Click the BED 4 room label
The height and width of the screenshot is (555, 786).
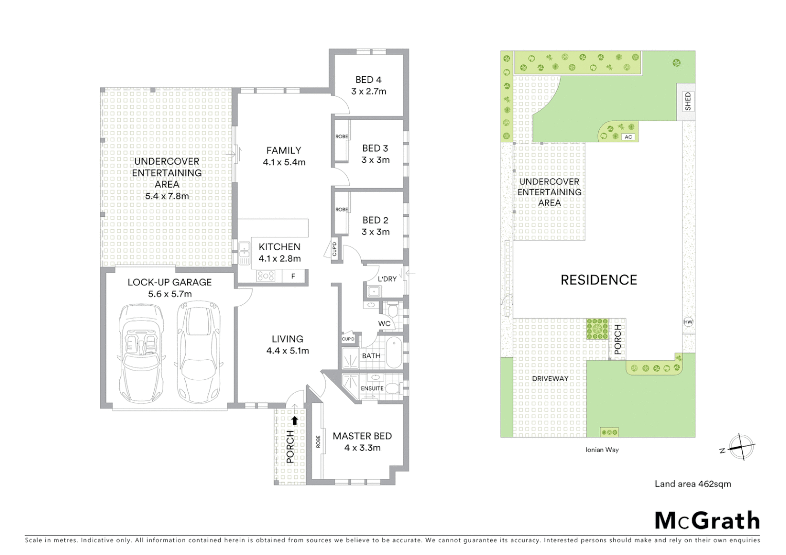coord(368,80)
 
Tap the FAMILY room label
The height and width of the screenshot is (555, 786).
coord(283,151)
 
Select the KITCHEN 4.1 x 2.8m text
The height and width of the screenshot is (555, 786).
coord(279,252)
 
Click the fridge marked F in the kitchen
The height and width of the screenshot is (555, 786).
coord(293,276)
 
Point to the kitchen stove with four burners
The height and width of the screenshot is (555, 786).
coord(265,276)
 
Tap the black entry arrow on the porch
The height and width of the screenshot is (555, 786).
coord(295,420)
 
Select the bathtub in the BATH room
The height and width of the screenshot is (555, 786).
coord(394,353)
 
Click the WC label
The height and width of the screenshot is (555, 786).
coord(384,324)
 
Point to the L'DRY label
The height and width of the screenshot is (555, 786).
coord(387,279)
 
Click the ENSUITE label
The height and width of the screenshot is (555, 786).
coord(372,388)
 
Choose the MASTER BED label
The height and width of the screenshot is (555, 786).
coord(362,436)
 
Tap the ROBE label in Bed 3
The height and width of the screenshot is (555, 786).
coord(342,137)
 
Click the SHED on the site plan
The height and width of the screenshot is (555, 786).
coord(688,102)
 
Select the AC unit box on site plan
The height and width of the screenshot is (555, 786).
coord(628,137)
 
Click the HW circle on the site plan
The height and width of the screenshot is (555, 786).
coord(688,322)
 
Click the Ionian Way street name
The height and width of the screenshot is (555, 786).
coord(602,450)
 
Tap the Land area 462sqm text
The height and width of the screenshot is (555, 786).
coord(692,484)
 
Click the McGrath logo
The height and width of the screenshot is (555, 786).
coord(707,521)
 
